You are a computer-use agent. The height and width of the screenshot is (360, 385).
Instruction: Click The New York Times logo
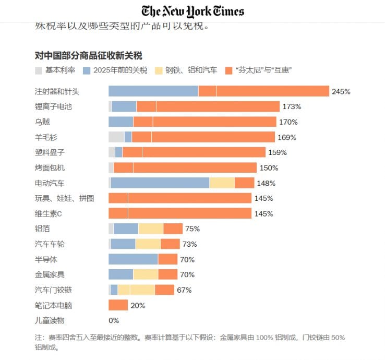click(192, 11)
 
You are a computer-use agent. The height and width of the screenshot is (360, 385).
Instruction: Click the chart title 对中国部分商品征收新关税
click(89, 55)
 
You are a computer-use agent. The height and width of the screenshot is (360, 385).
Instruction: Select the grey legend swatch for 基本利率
click(39, 70)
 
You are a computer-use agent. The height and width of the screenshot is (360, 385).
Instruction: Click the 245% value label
click(341, 91)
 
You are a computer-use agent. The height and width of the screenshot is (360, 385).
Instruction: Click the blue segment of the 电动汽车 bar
click(160, 183)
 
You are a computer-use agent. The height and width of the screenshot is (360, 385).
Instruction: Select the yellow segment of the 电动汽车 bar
click(222, 183)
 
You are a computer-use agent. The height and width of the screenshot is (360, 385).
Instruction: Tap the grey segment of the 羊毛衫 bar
click(116, 137)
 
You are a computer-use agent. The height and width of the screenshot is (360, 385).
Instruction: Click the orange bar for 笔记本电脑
click(118, 305)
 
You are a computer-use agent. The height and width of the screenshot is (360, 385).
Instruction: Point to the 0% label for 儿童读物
click(114, 320)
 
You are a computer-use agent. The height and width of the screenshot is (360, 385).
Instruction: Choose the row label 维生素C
click(49, 213)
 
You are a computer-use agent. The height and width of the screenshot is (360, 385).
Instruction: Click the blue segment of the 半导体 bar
click(133, 259)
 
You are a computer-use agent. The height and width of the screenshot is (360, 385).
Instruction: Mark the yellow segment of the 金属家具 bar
click(146, 274)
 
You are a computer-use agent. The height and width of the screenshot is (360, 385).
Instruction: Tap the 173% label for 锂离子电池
click(292, 106)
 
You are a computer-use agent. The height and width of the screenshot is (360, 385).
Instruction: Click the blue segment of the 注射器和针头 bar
click(153, 91)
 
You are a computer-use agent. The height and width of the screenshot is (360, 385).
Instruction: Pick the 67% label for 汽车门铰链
click(184, 290)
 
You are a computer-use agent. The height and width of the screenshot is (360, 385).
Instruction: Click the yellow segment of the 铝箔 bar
click(151, 229)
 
